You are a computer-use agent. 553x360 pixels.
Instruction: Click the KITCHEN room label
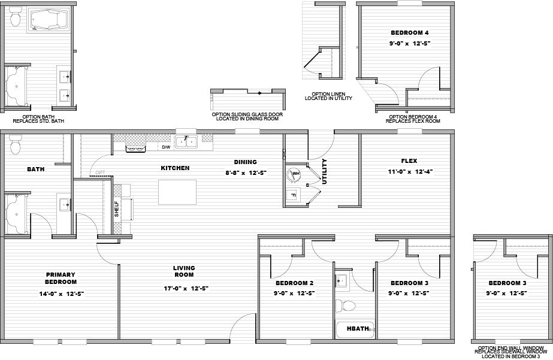coord(174,168)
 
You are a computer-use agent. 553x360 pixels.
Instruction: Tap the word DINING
coord(246,162)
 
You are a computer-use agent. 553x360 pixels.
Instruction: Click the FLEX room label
coord(409,161)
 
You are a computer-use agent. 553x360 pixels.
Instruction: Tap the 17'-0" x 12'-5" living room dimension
coord(184,288)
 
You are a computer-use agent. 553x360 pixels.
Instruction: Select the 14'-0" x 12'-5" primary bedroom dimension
coord(61,294)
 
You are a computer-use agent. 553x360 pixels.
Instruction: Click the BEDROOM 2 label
coord(295,283)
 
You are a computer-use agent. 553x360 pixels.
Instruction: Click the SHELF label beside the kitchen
coord(117,208)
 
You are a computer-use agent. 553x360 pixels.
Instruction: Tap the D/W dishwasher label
coord(165,147)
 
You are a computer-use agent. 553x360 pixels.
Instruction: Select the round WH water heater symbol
coord(294,175)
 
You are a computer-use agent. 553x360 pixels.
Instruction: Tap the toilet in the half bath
coord(345,306)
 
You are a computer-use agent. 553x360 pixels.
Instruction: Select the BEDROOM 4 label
coord(409,33)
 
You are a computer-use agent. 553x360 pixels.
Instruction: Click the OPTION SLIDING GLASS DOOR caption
coord(247,116)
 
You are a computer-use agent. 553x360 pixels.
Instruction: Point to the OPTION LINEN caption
coord(328,96)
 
